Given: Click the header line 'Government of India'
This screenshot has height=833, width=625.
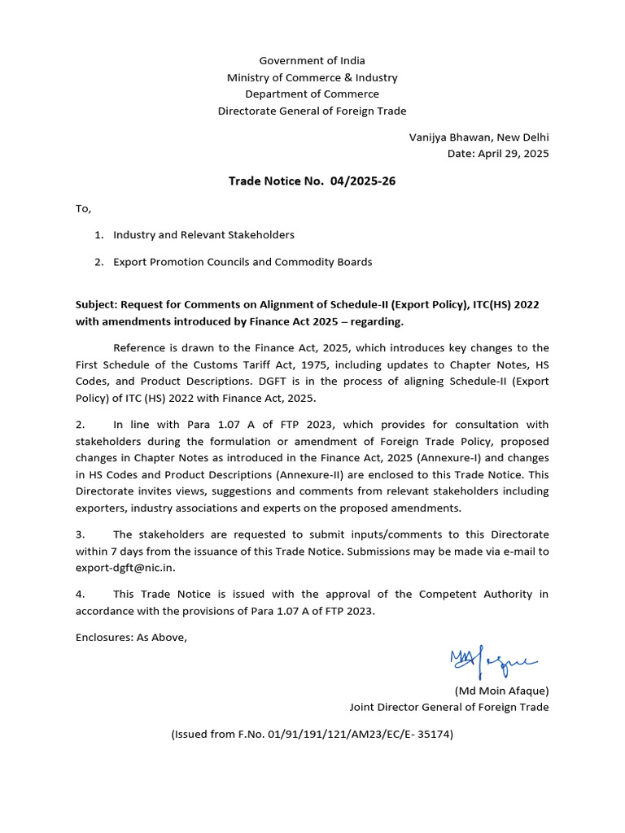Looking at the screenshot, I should click(312, 61).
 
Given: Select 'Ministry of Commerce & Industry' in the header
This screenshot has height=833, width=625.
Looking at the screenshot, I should click(312, 78).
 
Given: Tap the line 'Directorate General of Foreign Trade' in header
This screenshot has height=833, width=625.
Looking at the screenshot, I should click(312, 111).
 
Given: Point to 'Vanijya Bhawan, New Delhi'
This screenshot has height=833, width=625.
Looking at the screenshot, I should click(479, 137).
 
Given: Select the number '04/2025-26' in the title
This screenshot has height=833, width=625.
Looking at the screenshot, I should click(363, 181).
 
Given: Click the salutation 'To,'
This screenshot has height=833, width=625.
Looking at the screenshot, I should click(84, 208).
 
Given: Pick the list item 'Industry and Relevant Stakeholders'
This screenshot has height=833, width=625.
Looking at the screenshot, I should click(203, 234).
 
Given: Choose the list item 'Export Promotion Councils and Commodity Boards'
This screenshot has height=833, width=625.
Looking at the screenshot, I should click(243, 262).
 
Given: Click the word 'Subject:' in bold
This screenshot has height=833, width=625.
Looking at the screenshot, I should click(97, 304).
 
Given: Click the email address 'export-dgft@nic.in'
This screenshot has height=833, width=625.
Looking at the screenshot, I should click(125, 568).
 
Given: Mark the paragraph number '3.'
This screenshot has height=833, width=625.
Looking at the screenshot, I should click(81, 534).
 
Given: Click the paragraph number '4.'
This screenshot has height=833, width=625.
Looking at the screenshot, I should click(81, 595).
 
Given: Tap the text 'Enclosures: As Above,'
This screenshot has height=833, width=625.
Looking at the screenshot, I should click(131, 637).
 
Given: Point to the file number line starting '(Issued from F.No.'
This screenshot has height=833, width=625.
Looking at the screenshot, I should click(312, 734).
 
